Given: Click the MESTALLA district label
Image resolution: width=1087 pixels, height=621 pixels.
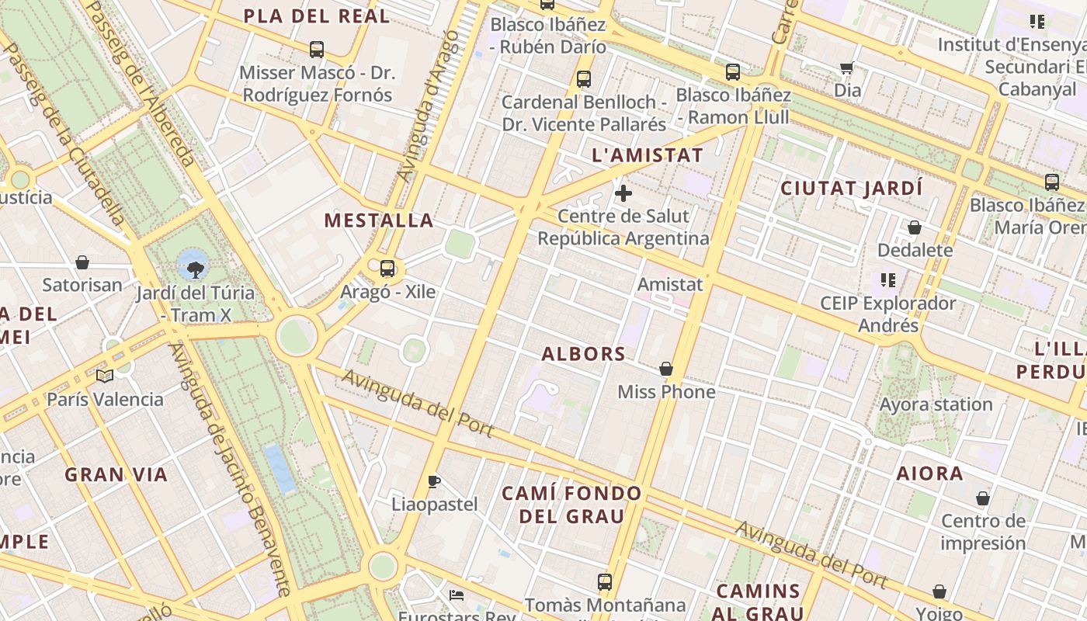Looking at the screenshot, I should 379,220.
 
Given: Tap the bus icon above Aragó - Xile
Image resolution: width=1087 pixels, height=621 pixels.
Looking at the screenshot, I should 387,269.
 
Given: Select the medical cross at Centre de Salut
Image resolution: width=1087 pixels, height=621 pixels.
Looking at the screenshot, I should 623,193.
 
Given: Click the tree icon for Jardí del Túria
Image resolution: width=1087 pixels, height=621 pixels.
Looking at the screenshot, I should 195,269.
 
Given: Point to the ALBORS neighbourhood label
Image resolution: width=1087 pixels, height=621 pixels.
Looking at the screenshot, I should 584,354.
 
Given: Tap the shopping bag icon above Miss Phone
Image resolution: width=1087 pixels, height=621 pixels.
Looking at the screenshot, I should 666,369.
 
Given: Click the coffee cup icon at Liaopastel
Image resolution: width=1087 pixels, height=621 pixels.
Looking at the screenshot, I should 434,481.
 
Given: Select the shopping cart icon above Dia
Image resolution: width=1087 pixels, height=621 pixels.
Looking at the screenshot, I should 847,68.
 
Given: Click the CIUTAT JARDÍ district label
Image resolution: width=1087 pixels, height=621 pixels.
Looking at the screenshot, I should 852,189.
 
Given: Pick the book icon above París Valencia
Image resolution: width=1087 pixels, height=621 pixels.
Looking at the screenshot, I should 105,376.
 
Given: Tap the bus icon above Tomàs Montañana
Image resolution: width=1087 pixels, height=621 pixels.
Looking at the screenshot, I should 605,581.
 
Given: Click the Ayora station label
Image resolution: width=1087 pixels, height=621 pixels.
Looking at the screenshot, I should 936,404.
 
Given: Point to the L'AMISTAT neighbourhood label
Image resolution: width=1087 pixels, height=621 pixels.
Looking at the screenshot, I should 648,155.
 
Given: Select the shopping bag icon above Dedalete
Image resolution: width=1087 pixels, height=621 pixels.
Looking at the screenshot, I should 915,227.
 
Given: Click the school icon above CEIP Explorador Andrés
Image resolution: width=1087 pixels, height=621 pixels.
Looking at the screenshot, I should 888,279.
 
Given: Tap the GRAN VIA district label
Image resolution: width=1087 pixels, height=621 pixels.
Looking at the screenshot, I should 116,475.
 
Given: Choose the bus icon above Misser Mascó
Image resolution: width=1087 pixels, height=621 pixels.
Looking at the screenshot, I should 317,50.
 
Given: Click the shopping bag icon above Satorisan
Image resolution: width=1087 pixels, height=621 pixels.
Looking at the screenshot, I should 82,262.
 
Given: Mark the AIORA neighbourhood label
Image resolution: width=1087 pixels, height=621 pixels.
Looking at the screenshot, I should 930,474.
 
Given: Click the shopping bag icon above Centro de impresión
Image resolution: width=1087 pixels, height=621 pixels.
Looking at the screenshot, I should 983,498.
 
